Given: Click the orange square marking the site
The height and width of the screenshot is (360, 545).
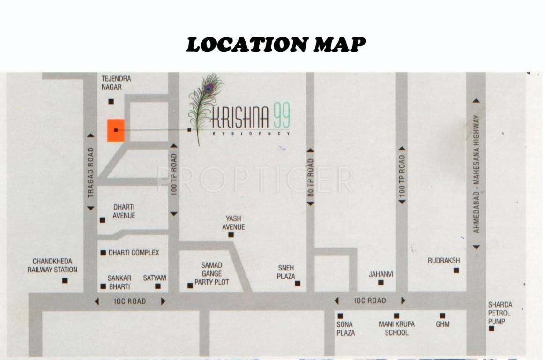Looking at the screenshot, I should tap(116, 130).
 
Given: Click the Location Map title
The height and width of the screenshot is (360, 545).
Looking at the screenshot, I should tap(276, 45).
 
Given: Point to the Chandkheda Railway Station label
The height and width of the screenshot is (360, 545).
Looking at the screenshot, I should tap(52, 265).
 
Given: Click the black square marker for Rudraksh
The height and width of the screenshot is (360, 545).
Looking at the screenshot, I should tap(456, 270).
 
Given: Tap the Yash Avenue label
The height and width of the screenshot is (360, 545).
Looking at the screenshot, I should tap(233, 223).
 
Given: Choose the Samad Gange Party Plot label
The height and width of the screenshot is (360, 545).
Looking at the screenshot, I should tap(212, 274).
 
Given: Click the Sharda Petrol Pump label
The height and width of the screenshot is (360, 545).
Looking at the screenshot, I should tap(500, 313).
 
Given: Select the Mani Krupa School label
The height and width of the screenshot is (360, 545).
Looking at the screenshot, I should tap(396, 328).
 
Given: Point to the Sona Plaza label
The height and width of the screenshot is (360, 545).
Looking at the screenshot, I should tap(345, 328).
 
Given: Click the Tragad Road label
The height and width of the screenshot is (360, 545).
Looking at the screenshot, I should tap(91, 172).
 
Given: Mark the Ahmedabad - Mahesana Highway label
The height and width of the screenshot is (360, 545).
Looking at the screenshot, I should tap(476, 174).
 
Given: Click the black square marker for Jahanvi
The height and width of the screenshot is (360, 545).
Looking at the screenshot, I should tap(381, 283).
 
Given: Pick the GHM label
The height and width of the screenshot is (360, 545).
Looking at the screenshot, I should tap(442, 324).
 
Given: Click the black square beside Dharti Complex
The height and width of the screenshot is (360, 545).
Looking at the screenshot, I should tap(103, 253).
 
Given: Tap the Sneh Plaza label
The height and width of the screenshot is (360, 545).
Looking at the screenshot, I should tap(286, 272).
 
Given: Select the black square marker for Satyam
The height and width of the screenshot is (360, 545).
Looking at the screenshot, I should tap(158, 286).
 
